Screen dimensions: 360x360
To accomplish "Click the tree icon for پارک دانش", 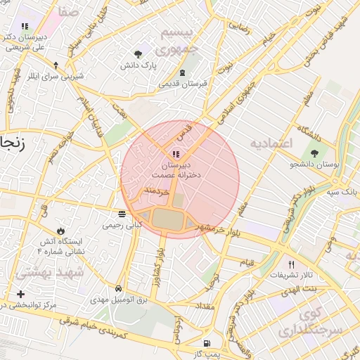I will [137, 53].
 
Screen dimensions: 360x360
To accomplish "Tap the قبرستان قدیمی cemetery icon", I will [182, 73].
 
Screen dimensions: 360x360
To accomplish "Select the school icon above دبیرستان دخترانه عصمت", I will [175, 153].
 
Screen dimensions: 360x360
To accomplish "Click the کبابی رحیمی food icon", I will [122, 214].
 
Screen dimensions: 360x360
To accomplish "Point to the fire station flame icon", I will [61, 231].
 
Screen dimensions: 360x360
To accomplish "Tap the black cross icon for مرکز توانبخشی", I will [20, 294].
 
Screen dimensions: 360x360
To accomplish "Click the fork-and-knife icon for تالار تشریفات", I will [282, 264].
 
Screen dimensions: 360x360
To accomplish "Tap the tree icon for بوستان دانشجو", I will [314, 153].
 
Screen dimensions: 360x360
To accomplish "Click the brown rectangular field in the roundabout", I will [166, 219].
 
